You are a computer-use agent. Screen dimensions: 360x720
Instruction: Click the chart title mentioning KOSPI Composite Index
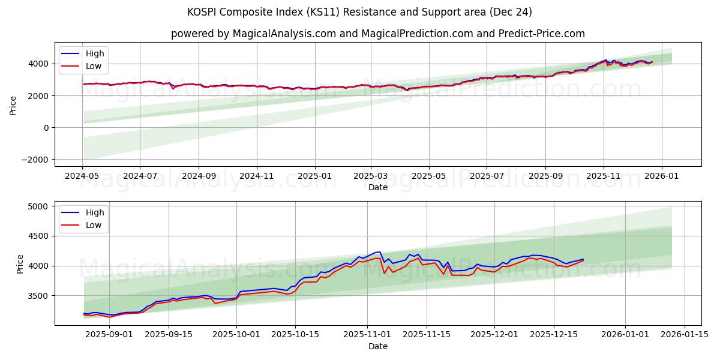click(360, 12)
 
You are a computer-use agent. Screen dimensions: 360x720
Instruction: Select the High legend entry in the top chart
click(95, 54)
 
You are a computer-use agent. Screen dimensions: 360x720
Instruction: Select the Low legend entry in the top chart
click(94, 66)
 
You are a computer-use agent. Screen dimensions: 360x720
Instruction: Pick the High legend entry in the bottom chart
click(95, 212)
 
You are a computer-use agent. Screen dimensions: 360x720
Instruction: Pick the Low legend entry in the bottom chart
click(94, 225)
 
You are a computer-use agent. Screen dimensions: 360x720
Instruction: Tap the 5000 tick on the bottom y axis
click(38, 206)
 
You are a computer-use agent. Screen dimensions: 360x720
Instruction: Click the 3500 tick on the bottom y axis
click(38, 296)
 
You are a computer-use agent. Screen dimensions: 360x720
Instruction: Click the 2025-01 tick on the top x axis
click(315, 176)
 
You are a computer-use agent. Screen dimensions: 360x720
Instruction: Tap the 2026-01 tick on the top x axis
click(662, 176)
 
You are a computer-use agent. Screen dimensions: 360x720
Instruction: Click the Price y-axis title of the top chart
click(13, 104)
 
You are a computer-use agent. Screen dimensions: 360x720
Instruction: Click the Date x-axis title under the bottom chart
click(378, 346)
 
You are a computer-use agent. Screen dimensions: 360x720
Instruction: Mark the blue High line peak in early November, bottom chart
click(379, 252)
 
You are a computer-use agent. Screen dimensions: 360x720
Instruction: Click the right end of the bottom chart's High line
click(583, 259)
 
